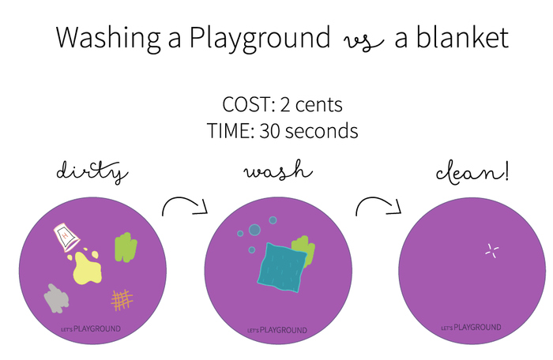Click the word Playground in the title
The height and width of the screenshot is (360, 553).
tap(260, 38)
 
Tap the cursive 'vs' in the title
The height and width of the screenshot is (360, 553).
tap(363, 42)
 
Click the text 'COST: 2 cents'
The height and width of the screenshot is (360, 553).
tap(282, 105)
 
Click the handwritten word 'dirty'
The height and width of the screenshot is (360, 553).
tap(92, 172)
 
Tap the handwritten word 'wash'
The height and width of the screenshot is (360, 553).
tap(278, 170)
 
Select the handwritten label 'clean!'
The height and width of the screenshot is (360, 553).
tap(472, 173)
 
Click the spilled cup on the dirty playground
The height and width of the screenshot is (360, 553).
tap(66, 238)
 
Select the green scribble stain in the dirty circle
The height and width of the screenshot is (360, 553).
tap(126, 247)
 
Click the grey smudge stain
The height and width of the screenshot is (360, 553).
tap(56, 298)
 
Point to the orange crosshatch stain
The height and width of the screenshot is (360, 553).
tap(122, 300)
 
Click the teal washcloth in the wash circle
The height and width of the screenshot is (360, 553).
tap(282, 268)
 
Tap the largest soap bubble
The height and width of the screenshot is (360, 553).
tap(254, 230)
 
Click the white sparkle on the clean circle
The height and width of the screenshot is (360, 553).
tap(491, 251)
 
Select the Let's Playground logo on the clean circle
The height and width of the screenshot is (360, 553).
tap(471, 328)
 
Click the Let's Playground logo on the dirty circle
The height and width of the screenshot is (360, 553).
tap(91, 329)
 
